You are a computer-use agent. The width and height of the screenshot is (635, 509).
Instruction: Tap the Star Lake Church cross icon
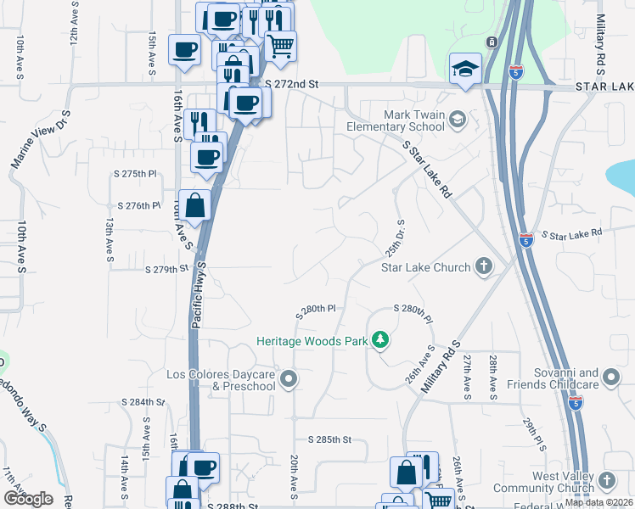[x=484, y=267]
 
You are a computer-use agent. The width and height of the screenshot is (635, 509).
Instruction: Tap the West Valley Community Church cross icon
[x=606, y=482]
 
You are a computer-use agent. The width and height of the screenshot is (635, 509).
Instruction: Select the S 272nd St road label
[x=291, y=84]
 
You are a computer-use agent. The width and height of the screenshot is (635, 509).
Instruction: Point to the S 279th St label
[x=166, y=269]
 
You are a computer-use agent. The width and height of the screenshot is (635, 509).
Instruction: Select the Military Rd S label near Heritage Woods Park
[x=440, y=366]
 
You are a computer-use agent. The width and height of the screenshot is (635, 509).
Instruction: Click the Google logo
[x=27, y=499]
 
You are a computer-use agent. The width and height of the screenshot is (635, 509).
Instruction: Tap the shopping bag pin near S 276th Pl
[x=194, y=204]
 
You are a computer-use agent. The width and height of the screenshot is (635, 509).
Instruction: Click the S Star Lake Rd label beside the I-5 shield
[x=571, y=233]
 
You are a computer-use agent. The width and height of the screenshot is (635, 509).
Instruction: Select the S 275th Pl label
[x=135, y=173]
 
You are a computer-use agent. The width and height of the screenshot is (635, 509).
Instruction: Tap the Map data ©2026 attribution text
[x=598, y=502]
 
